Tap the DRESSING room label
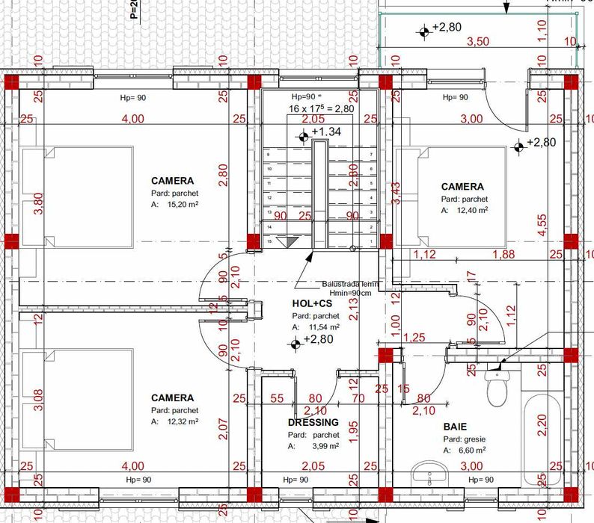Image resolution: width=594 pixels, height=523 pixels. [x=313, y=422]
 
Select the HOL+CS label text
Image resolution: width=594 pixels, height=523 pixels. [x=312, y=304]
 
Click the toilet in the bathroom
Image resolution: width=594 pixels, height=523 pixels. [x=497, y=387]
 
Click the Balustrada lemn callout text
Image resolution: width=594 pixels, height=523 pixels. [x=352, y=285]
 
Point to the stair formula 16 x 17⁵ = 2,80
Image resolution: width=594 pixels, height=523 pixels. [x=321, y=108]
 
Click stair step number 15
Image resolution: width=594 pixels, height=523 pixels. [x=268, y=242]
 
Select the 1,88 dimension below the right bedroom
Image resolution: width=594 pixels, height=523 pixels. [x=503, y=255]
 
